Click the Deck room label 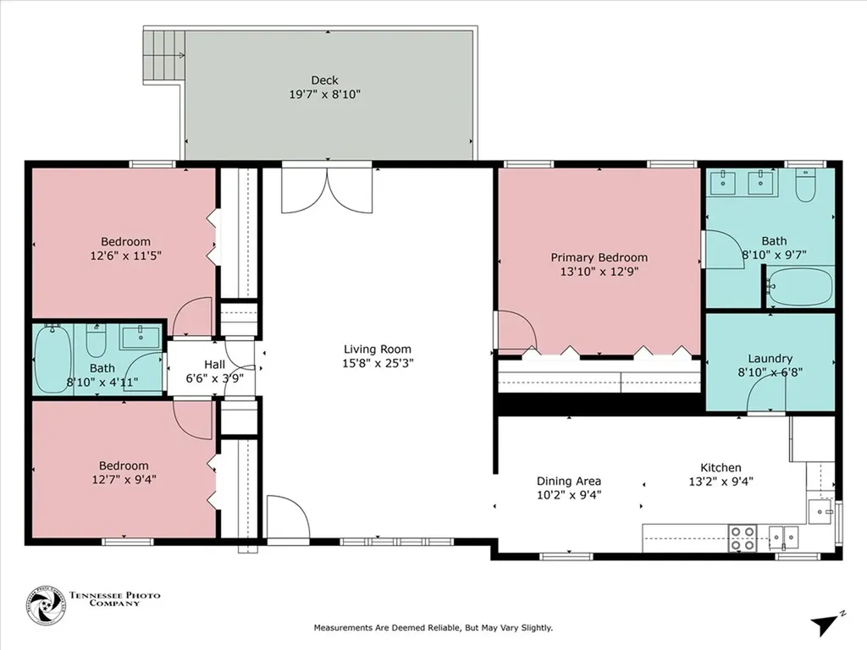(324, 80)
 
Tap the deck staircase (164, 57)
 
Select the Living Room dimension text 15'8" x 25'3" (378, 363)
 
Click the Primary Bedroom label (599, 257)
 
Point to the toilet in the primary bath (806, 185)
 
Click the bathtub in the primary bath (801, 286)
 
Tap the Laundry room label (770, 359)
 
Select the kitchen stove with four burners (743, 537)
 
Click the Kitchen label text (721, 467)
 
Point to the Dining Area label (569, 482)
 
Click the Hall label (214, 365)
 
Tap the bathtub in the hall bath (53, 359)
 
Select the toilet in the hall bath (96, 340)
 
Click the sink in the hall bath (141, 337)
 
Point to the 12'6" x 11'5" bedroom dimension (126, 256)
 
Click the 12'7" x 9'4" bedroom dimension (124, 480)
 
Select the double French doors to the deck (327, 187)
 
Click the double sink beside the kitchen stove (784, 536)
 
